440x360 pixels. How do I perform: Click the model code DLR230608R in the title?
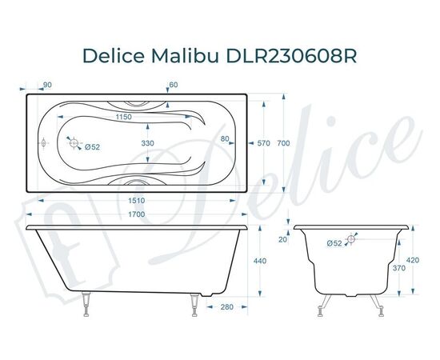(x=289, y=54)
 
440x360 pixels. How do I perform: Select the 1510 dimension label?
(x=142, y=200)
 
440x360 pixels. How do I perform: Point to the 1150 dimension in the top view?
(x=122, y=118)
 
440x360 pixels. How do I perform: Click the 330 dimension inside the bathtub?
(x=147, y=142)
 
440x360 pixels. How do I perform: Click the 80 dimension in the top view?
(x=225, y=139)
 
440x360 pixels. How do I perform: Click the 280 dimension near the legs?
(x=226, y=306)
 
